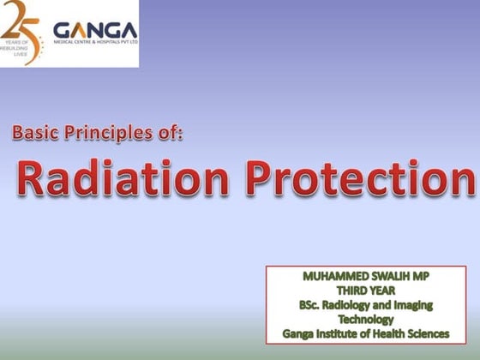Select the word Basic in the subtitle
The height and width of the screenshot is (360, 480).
(39, 133)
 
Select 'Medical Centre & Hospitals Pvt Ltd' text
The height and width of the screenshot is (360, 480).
(96, 42)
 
